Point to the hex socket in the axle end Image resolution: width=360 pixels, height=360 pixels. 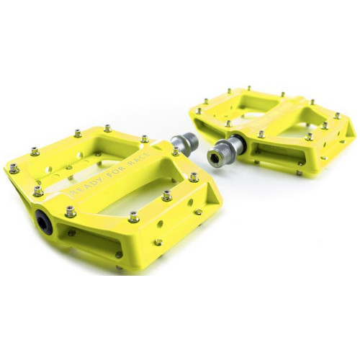pos(215,156)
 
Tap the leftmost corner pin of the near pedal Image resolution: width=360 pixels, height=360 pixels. pos(14,168)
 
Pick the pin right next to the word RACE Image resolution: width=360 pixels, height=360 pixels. pos(167,195)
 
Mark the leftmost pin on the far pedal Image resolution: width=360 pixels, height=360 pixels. pos(195,111)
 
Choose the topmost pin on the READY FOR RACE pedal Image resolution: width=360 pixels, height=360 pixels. pos(107,128)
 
